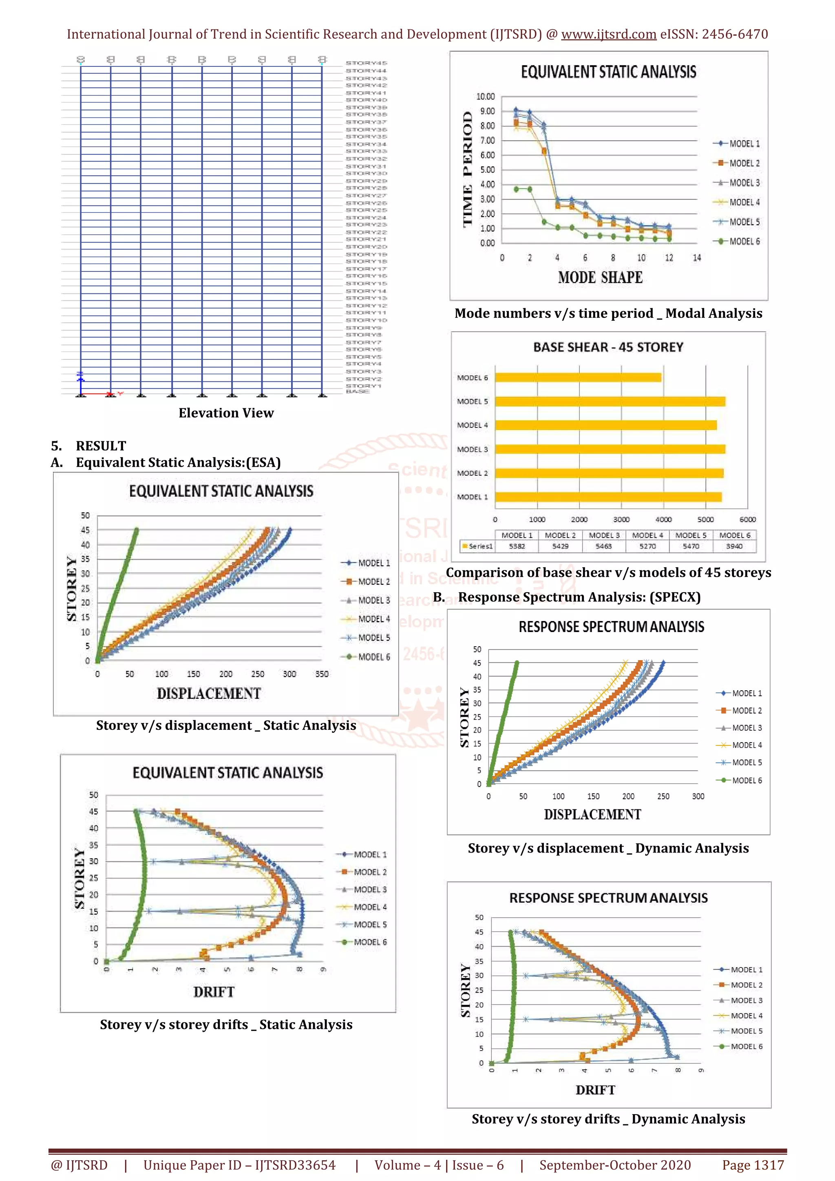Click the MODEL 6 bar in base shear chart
(578, 377)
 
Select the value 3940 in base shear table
(734, 546)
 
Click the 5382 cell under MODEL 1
(517, 546)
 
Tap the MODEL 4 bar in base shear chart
(605, 425)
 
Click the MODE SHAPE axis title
(601, 278)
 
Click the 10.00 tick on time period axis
(485, 97)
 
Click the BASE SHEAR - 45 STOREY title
(608, 347)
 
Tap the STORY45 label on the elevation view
(366, 63)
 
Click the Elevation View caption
(226, 413)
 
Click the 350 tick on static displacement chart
(322, 674)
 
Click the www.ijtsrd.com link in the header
(609, 35)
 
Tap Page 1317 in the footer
(753, 1165)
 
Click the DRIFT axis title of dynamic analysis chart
(595, 1090)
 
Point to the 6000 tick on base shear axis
(747, 520)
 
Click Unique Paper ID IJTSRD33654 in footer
(239, 1165)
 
